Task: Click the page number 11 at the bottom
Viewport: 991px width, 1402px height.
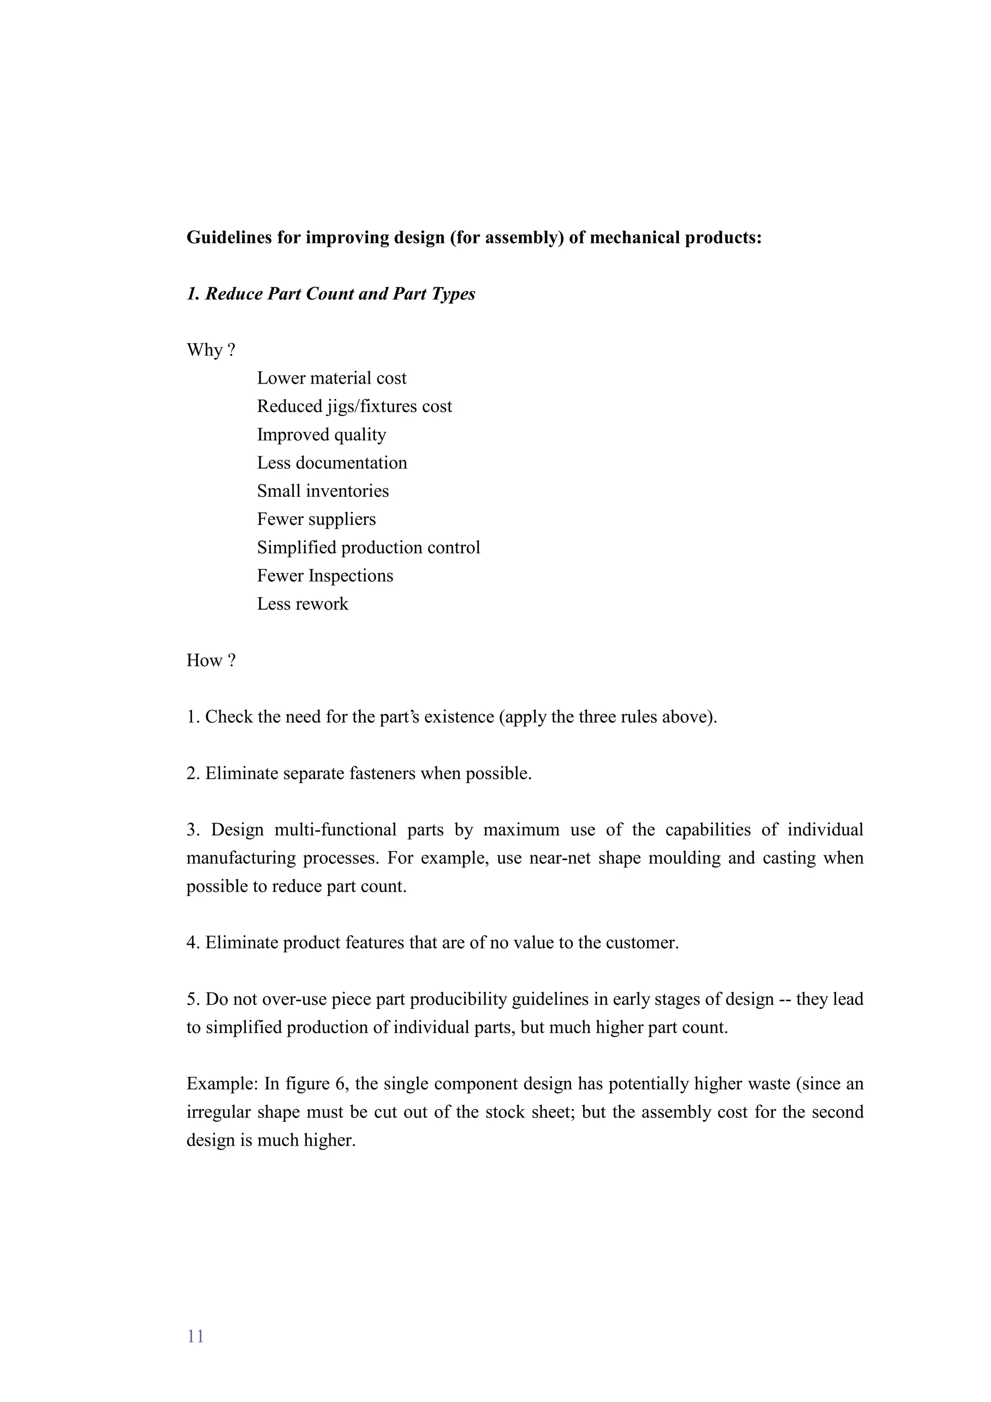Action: coord(195,1336)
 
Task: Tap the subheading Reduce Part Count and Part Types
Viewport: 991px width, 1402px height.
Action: coord(331,294)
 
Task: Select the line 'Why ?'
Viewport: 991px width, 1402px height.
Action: coord(210,350)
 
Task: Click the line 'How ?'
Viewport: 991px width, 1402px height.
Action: coord(210,661)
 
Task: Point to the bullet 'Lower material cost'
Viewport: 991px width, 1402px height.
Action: coord(331,379)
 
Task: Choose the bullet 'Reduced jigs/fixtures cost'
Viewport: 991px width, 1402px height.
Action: coord(354,407)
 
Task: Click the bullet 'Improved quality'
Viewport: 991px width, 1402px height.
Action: coord(321,435)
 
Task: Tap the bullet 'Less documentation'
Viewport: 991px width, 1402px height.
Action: coord(331,463)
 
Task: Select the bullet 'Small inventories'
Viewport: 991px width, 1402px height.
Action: coord(322,491)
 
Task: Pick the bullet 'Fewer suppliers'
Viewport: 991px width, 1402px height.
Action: coord(316,519)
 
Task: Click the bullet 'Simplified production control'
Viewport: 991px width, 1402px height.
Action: coord(368,548)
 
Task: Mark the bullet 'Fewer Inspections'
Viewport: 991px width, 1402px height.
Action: coord(325,576)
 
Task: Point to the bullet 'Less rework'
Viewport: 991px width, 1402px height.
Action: coord(302,604)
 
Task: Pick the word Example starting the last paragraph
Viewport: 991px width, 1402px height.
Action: coord(222,1084)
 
